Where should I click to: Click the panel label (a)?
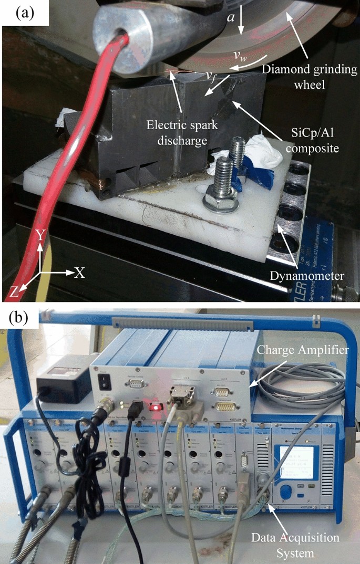point(25,12)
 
